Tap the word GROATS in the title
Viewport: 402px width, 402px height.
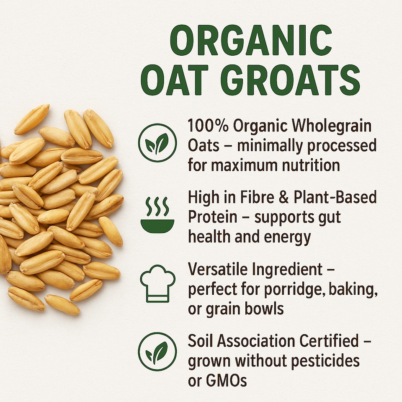pos(290,80)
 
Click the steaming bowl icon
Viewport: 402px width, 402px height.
pos(157,214)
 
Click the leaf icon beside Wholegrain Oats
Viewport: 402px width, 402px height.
pos(157,143)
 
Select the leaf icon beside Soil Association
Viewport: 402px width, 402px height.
pos(157,351)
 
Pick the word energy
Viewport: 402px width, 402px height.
pos(286,237)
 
